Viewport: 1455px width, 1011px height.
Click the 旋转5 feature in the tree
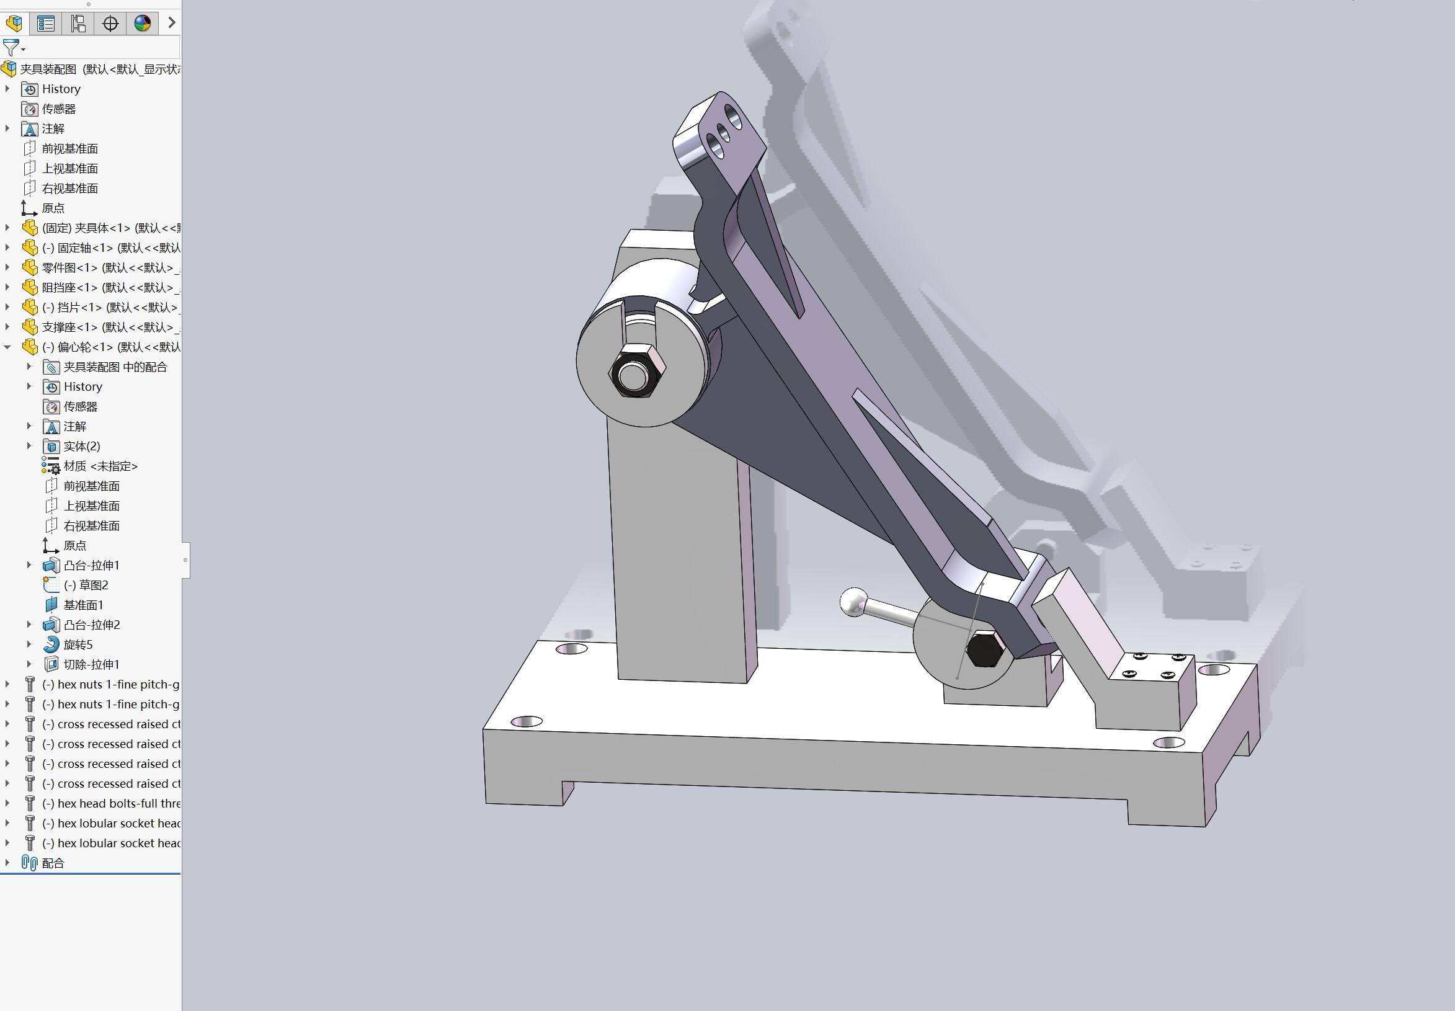[78, 645]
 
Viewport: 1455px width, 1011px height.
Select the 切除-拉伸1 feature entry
[91, 664]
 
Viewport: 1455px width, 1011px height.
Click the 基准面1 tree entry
[82, 605]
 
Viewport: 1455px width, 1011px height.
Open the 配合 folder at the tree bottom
[53, 863]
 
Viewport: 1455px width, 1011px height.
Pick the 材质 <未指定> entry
[100, 466]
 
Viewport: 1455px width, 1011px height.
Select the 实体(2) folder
[81, 447]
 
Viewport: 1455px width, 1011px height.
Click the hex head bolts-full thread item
[111, 803]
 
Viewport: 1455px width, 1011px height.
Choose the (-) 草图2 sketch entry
[86, 586]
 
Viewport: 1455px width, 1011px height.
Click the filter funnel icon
[11, 48]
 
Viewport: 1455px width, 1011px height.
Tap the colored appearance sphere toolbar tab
[143, 24]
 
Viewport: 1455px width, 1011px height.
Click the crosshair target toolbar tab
[110, 24]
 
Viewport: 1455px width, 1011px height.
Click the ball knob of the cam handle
[853, 602]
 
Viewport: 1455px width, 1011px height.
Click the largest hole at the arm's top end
[734, 116]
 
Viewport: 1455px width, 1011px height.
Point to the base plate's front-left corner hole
[527, 721]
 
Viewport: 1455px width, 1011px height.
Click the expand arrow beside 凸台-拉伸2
[29, 625]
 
